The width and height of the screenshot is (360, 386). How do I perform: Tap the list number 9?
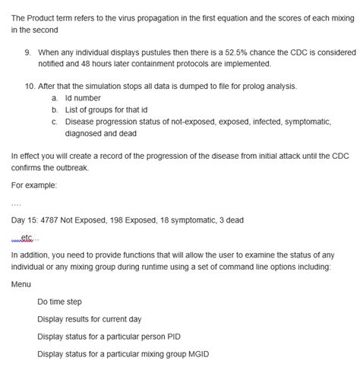click(28, 52)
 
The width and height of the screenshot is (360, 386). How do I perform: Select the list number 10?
click(30, 87)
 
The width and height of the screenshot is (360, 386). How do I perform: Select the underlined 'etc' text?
click(27, 236)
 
